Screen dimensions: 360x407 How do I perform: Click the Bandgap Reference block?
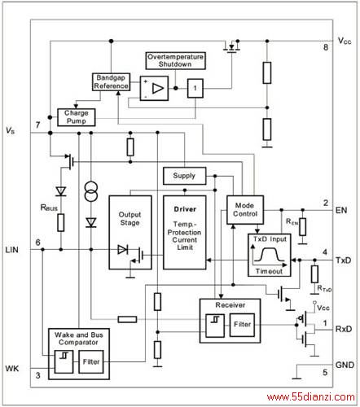pos(111,82)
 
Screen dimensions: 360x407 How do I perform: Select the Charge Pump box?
pos(77,117)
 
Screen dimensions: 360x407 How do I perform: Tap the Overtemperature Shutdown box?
pos(175,61)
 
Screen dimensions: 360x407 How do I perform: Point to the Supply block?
pos(185,176)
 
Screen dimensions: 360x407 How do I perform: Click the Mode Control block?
pos(245,210)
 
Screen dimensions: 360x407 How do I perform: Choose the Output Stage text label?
pos(130,218)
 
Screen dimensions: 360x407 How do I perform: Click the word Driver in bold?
pos(185,209)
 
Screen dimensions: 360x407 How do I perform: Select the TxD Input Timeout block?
pos(270,255)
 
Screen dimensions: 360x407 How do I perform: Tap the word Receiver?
pos(230,305)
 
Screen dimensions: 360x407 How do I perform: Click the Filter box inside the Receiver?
pos(242,325)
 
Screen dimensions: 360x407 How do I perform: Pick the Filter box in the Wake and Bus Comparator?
pos(91,361)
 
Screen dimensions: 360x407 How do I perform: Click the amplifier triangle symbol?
pos(158,89)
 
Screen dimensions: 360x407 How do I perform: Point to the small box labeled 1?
pos(195,88)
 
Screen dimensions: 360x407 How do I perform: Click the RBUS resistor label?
pos(49,208)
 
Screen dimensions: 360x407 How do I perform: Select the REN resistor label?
pos(292,222)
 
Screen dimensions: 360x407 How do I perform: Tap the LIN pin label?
pos(12,250)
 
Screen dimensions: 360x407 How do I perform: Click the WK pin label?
pos(12,369)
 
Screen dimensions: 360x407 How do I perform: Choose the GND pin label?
pos(345,365)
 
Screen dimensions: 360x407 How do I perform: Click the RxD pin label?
pos(344,329)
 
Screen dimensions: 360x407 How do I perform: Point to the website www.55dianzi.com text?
pos(311,397)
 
